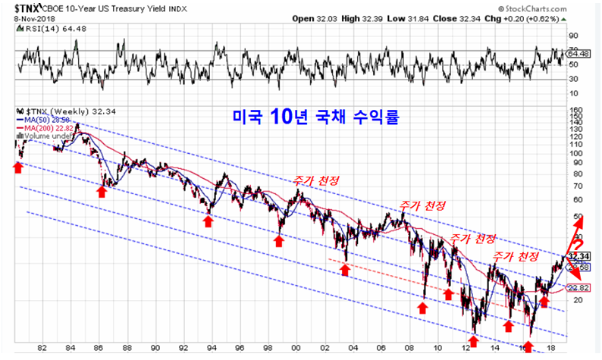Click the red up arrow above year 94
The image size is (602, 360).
pyautogui.click(x=208, y=221)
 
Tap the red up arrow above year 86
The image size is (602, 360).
pyautogui.click(x=102, y=191)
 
